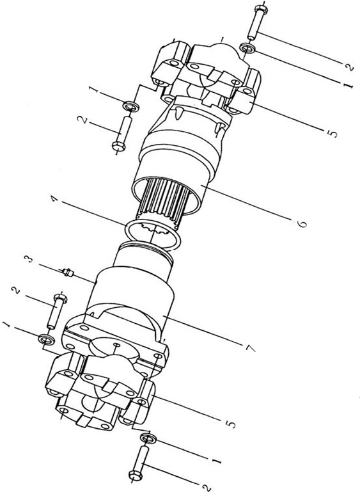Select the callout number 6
tap(302, 223)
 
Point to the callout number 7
tap(250, 348)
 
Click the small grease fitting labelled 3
tap(68, 272)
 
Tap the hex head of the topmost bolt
tap(261, 9)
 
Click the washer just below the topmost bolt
tap(247, 49)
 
